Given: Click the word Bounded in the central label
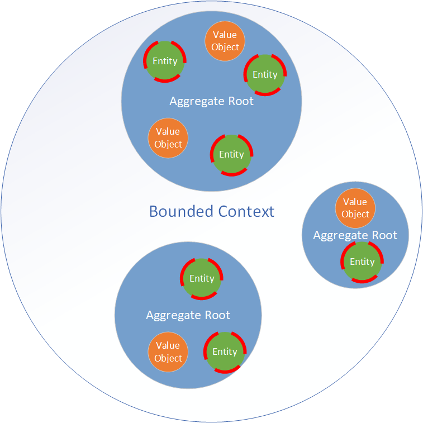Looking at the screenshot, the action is [x=181, y=211].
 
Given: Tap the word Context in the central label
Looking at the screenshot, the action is [x=246, y=211].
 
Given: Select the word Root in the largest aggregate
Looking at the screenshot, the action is [x=241, y=101].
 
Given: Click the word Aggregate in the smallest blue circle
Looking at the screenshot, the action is [x=340, y=236].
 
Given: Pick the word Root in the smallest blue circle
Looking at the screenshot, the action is [x=384, y=235].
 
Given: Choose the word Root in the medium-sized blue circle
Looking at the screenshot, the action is [x=217, y=315].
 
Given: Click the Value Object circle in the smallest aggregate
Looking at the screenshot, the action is [x=355, y=208].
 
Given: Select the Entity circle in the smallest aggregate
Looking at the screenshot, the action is [x=362, y=262].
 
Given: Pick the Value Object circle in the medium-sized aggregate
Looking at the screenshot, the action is [x=168, y=352].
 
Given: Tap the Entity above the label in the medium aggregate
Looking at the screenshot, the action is [x=202, y=279].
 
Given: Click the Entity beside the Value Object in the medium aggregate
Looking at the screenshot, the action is [x=225, y=352].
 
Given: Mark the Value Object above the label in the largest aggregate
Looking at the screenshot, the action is [x=225, y=41].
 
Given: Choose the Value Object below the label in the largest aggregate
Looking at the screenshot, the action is [x=168, y=138].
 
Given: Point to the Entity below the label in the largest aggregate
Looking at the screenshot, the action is [x=231, y=155].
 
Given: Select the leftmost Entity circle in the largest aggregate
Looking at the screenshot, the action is [x=165, y=61].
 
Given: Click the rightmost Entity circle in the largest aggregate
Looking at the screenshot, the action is [x=265, y=75].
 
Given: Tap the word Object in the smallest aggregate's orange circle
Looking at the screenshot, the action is [x=355, y=214].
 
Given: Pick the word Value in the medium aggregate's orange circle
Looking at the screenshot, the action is [x=168, y=345].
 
